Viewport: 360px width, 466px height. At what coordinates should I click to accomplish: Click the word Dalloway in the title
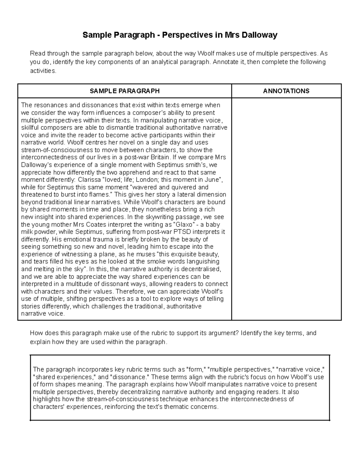pos(260,35)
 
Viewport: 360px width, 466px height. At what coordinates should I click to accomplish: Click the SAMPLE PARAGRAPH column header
pos(124,91)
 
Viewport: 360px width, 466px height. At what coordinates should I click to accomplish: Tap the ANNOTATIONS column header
pos(286,91)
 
